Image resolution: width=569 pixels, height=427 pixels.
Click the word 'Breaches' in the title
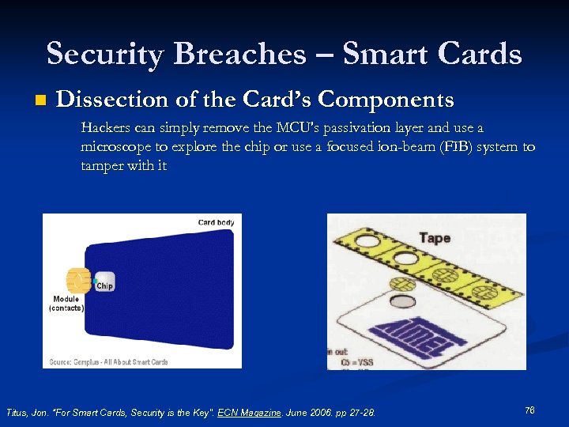(x=239, y=54)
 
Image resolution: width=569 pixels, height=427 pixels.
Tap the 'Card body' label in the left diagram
(x=216, y=223)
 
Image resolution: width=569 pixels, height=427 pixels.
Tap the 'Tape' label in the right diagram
(x=435, y=237)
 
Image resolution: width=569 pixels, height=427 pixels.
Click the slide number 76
(x=529, y=410)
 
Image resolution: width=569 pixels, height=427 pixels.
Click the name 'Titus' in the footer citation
(x=17, y=413)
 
